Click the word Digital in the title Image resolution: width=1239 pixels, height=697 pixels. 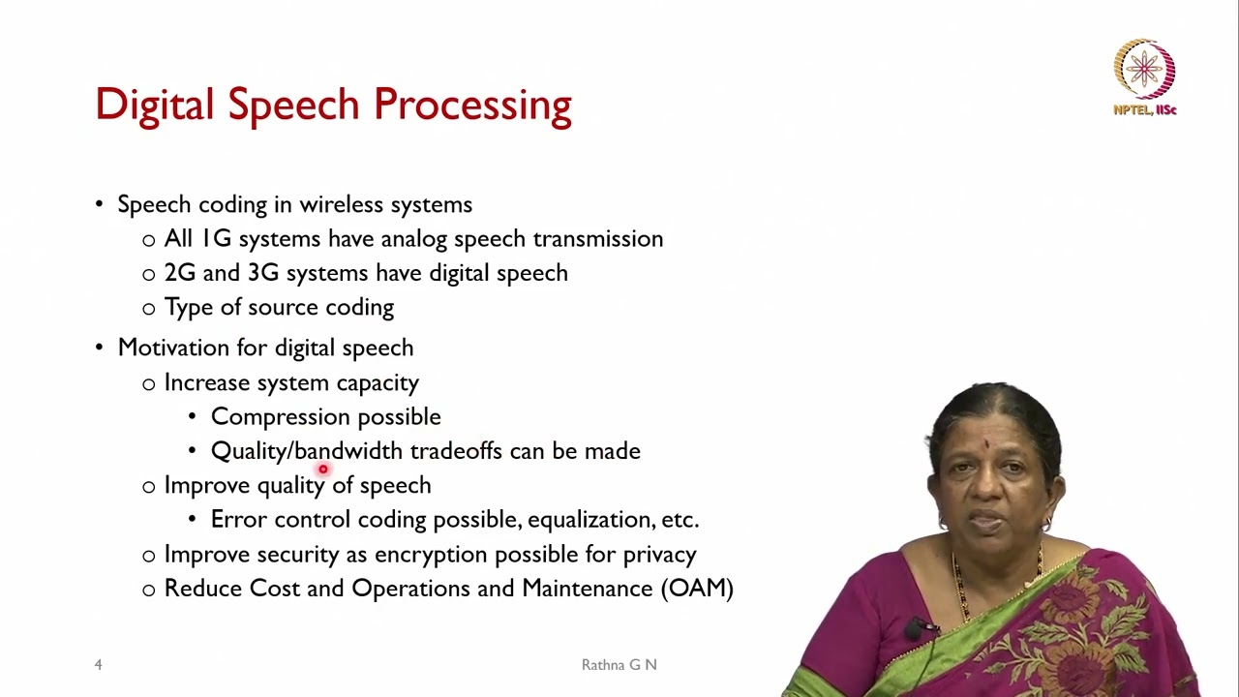[154, 105]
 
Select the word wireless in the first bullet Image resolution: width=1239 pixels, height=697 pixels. [340, 204]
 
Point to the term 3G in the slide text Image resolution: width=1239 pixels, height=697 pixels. [262, 273]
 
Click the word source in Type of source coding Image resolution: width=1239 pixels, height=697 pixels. [282, 308]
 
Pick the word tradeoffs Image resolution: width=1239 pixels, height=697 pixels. [455, 451]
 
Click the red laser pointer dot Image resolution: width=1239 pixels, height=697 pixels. [323, 470]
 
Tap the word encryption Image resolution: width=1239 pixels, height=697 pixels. [431, 555]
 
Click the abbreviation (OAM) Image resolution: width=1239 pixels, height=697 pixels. [697, 589]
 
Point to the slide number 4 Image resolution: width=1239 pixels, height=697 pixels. [98, 665]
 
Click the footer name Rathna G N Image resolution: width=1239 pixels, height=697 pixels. [619, 665]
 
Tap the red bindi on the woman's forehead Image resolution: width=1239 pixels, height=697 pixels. [985, 445]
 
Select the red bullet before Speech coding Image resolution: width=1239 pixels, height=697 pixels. [99, 204]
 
